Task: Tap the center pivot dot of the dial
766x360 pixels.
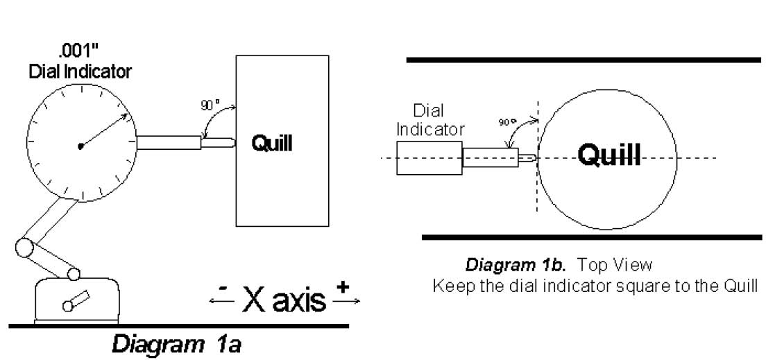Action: click(80, 146)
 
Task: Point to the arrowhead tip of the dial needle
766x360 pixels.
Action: click(128, 114)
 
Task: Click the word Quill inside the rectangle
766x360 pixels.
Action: click(271, 144)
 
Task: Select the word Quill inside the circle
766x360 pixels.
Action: click(608, 155)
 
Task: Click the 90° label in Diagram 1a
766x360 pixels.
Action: click(210, 105)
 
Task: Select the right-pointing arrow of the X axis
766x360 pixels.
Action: click(346, 301)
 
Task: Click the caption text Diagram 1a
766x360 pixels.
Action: click(176, 345)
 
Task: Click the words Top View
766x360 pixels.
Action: click(615, 265)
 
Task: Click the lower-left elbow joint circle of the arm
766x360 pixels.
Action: click(24, 248)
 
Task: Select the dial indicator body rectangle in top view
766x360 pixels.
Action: click(429, 157)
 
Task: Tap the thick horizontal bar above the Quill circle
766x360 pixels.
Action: click(584, 60)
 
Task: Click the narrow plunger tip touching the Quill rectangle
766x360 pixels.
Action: click(219, 143)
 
